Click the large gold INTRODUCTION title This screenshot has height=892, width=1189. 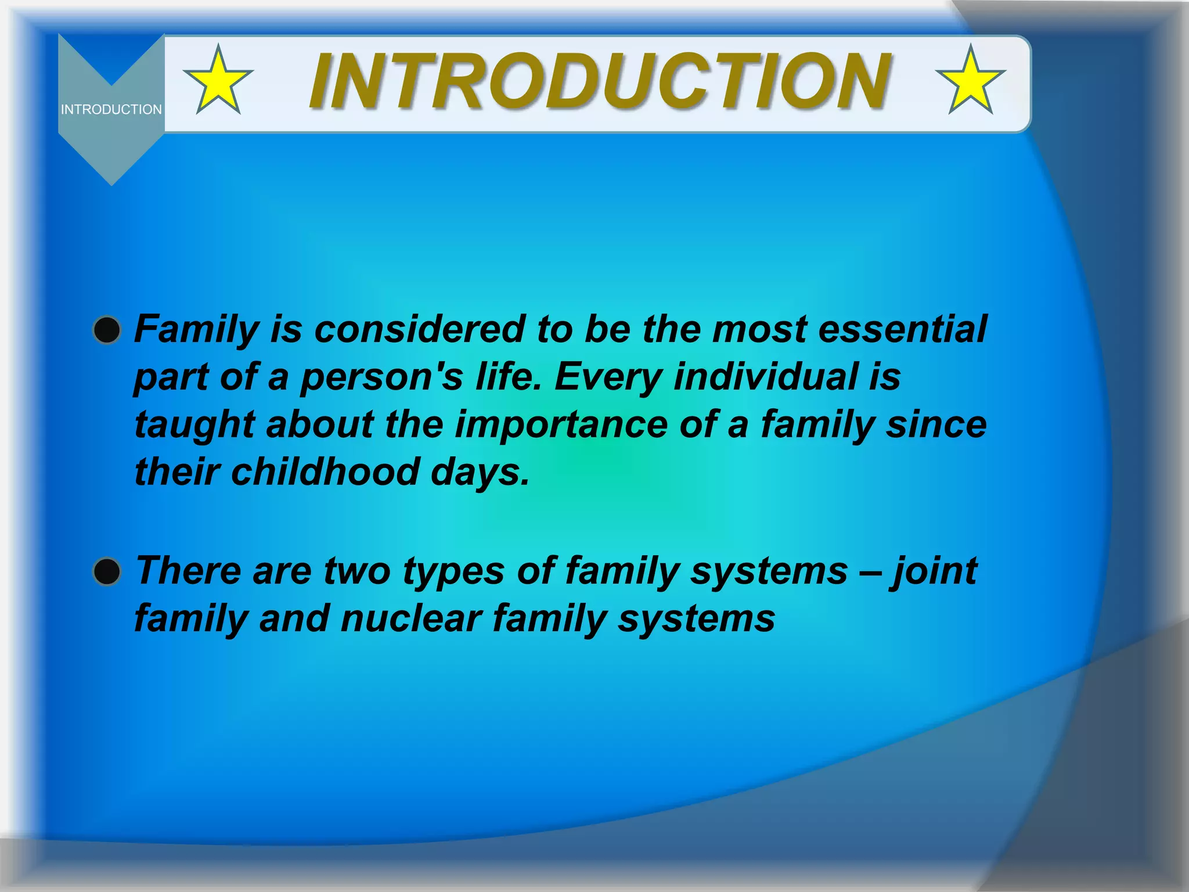(x=600, y=81)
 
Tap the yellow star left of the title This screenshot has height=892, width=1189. (x=218, y=82)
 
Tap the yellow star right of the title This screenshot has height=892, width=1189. (x=970, y=82)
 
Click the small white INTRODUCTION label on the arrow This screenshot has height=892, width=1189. (x=111, y=109)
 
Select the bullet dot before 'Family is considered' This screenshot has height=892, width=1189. (x=107, y=330)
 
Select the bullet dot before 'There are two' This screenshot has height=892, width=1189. (x=107, y=571)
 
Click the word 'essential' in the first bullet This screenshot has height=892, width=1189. (x=902, y=329)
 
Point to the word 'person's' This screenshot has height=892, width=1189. (x=381, y=376)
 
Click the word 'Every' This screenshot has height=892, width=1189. (x=608, y=376)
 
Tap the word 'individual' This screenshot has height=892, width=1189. (x=766, y=376)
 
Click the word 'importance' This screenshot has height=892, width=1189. (x=561, y=424)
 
